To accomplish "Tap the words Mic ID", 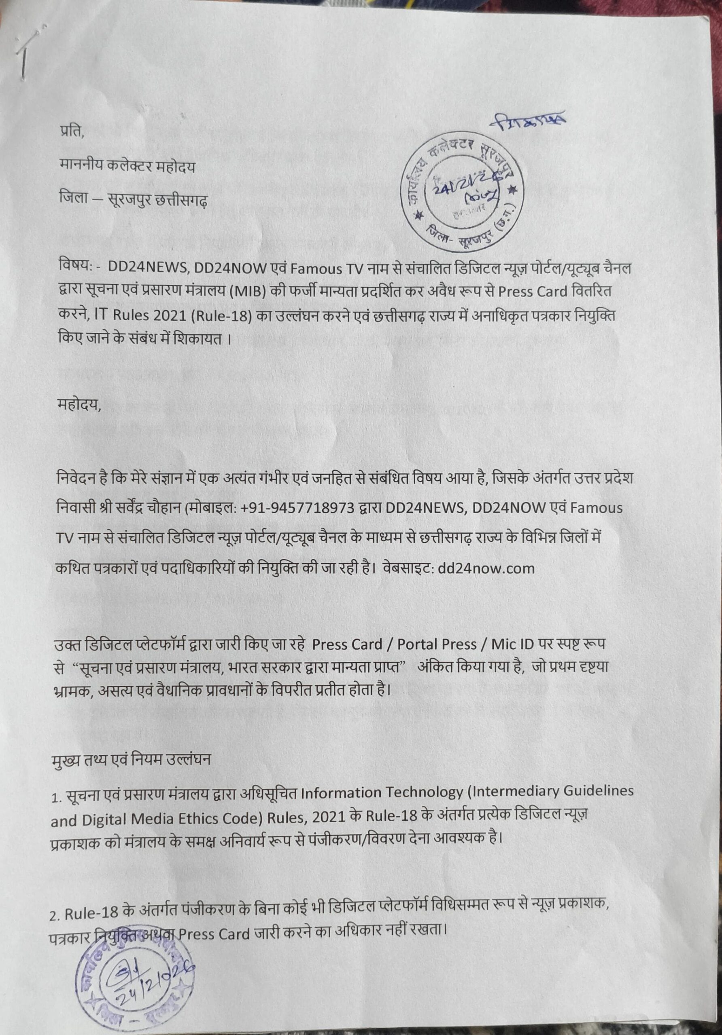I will tap(512, 644).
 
